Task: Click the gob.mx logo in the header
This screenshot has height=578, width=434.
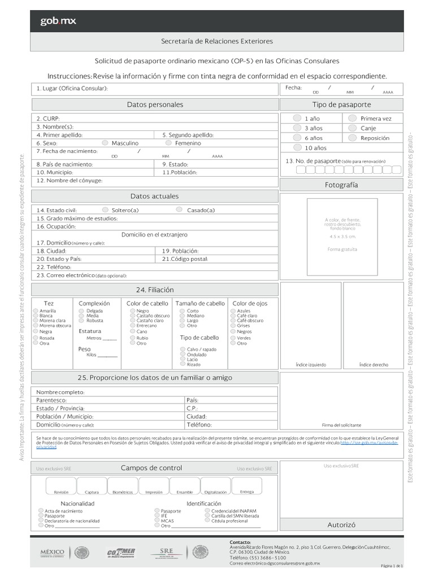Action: pos(58,21)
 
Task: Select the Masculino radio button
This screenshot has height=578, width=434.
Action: pos(105,143)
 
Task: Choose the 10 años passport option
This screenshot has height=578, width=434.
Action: pos(297,148)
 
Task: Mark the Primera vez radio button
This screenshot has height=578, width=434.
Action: pos(352,119)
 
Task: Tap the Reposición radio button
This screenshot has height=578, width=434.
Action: pos(352,138)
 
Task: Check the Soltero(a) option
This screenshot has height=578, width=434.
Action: pos(105,210)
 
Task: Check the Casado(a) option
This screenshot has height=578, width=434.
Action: pos(179,210)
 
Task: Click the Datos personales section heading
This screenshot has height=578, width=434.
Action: pos(155,104)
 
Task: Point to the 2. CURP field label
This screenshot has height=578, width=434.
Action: pos(48,119)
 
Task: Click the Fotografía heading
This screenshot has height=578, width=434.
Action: pos(341,185)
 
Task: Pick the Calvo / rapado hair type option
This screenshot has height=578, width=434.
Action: pos(183,349)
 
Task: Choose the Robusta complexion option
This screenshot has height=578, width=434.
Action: pos(83,321)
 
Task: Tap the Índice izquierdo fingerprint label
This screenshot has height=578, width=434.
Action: pos(310,365)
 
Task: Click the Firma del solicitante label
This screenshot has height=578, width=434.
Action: pos(341,424)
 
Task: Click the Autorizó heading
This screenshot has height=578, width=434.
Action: pos(341,525)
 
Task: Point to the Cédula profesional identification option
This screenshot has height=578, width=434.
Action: pos(207,521)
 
